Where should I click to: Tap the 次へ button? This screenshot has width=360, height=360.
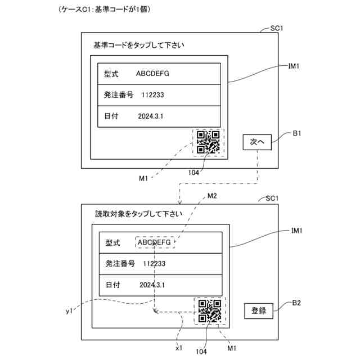[x=257, y=142]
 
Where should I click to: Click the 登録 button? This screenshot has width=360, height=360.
[x=259, y=310]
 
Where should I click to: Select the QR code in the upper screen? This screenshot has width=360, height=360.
[x=208, y=142]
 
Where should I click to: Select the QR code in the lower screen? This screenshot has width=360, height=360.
[x=209, y=310]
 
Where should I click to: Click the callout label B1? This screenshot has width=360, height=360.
[x=298, y=133]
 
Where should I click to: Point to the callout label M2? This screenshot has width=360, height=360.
[x=211, y=196]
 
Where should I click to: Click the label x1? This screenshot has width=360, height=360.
[x=179, y=348]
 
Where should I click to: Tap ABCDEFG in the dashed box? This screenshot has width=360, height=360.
[x=155, y=242]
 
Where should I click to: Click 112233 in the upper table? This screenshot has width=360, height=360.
[x=153, y=95]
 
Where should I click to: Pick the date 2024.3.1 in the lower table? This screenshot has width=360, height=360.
[x=152, y=285]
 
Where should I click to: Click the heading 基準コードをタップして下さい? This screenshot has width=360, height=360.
[x=138, y=45]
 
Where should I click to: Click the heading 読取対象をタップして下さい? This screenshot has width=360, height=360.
[x=139, y=214]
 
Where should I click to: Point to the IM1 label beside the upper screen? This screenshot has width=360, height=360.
[x=293, y=66]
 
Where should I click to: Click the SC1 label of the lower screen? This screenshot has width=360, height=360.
[x=273, y=199]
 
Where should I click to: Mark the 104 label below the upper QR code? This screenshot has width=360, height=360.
[x=195, y=173]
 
